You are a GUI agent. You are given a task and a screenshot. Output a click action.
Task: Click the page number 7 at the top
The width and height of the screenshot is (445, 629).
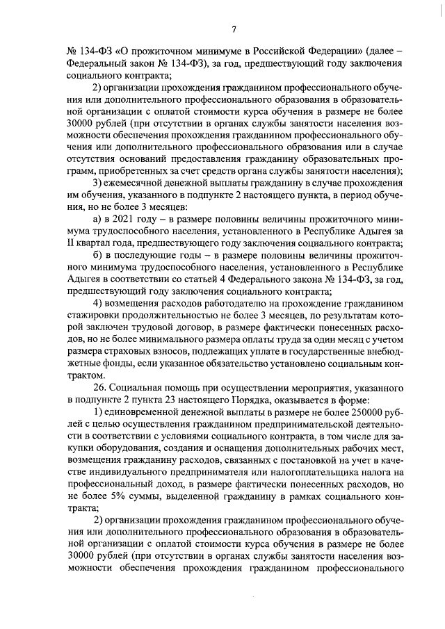(x=234, y=28)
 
